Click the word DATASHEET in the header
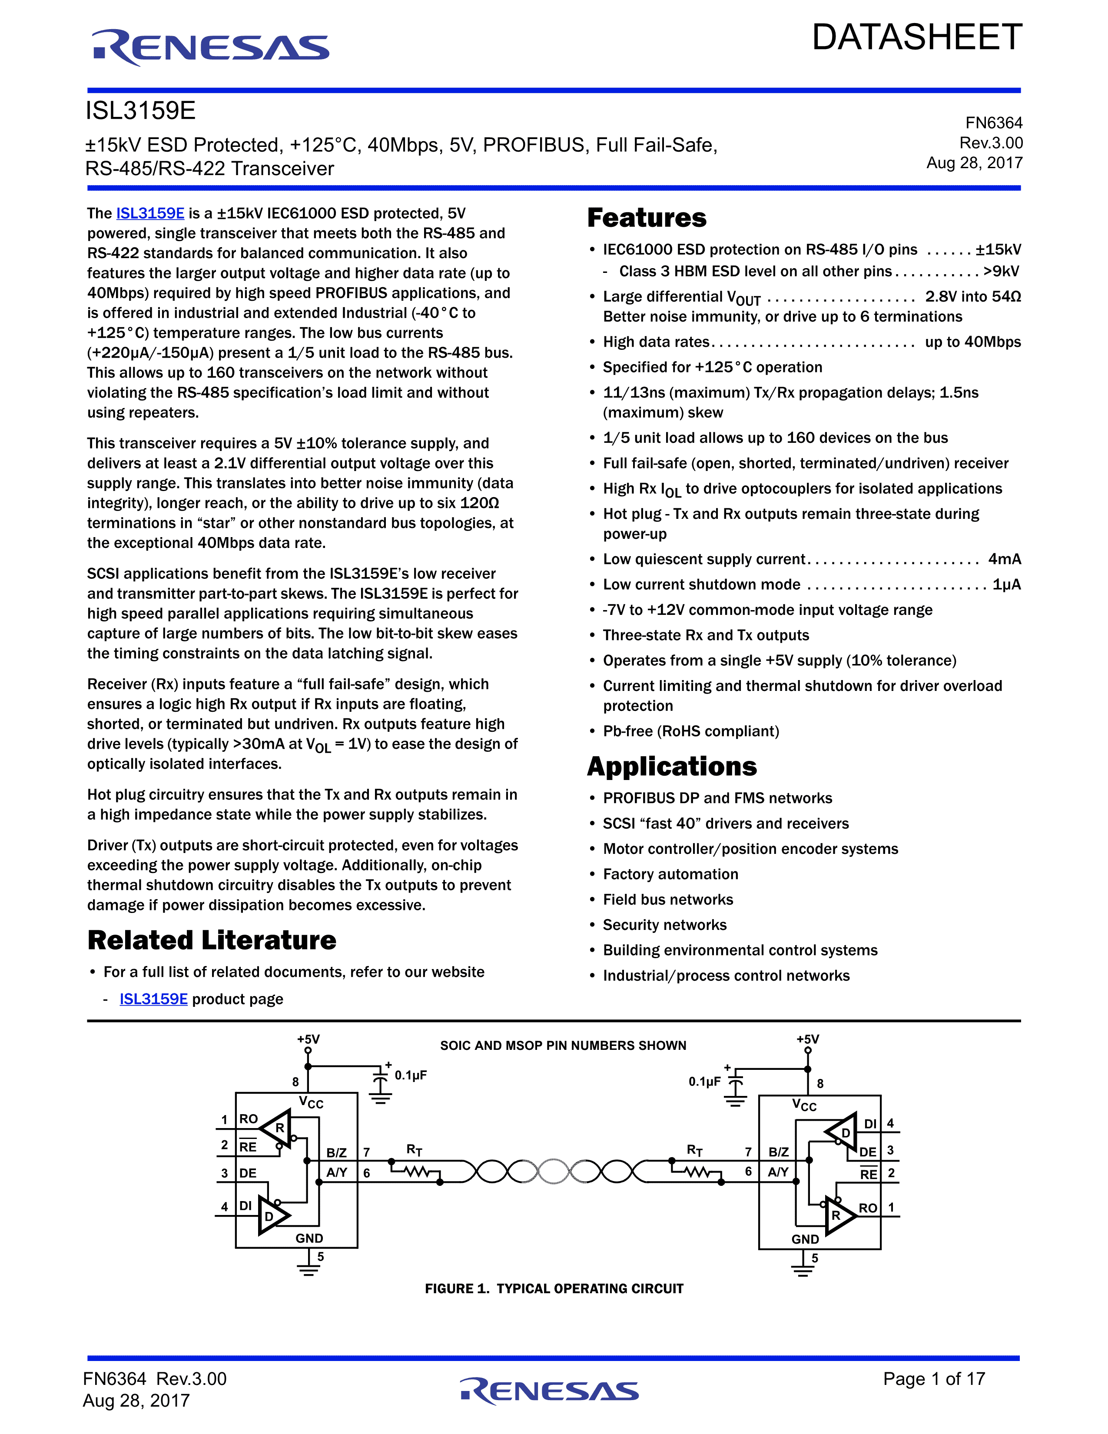pyautogui.click(x=916, y=37)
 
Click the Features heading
pyautogui.click(x=647, y=218)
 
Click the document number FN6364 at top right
pyautogui.click(x=993, y=123)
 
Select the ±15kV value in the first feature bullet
pyautogui.click(x=998, y=249)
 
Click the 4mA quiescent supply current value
pyautogui.click(x=1004, y=559)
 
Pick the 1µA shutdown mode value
pyautogui.click(x=1006, y=584)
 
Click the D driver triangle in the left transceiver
pyautogui.click(x=271, y=1215)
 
